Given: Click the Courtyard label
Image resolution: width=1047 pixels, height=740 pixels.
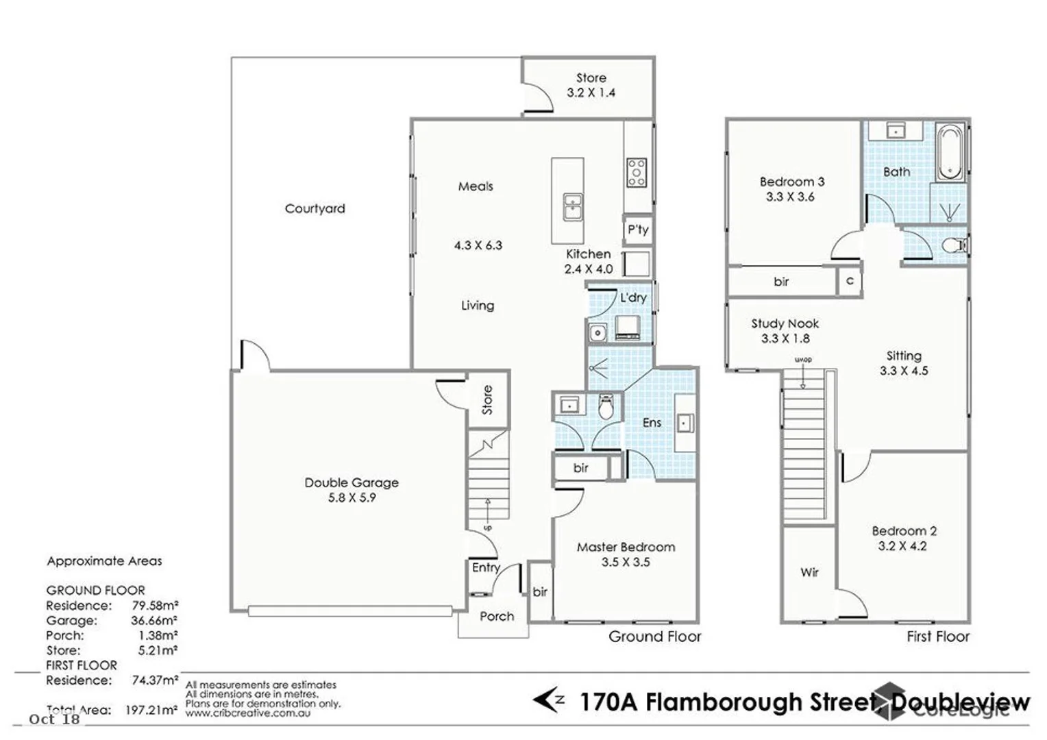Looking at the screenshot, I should [315, 208].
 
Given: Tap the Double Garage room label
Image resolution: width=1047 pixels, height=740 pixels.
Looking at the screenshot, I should [352, 482].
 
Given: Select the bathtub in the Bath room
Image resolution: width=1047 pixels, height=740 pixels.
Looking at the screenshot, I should [950, 151].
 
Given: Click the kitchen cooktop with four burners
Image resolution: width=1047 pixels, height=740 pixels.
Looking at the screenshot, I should [637, 173].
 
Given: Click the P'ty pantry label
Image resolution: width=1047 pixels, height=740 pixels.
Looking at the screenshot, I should [638, 230].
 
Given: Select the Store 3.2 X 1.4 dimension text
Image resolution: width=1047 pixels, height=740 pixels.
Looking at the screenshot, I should [591, 93].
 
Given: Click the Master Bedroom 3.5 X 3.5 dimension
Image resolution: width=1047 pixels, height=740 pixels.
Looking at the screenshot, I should [626, 562].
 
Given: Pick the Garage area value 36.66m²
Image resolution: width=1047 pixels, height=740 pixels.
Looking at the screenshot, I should [155, 621].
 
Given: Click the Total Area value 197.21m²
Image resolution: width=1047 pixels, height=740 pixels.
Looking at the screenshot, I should [151, 710].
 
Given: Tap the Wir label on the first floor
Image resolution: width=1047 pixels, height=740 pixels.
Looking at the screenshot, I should [809, 572].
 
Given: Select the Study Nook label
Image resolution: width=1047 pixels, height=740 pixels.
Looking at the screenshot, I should [785, 323].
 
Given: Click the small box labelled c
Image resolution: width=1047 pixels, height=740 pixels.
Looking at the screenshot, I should [850, 281].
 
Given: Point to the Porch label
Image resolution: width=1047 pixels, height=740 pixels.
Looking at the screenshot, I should [497, 616].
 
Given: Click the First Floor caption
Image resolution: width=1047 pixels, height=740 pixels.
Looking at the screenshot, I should [937, 637].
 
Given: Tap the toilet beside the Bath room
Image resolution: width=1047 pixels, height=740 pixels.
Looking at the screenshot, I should [954, 245].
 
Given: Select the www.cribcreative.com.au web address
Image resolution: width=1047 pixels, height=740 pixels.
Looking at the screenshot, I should [247, 713].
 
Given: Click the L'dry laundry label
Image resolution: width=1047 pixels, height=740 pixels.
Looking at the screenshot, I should [633, 297].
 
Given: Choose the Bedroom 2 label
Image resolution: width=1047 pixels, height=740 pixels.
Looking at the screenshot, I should [904, 531].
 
